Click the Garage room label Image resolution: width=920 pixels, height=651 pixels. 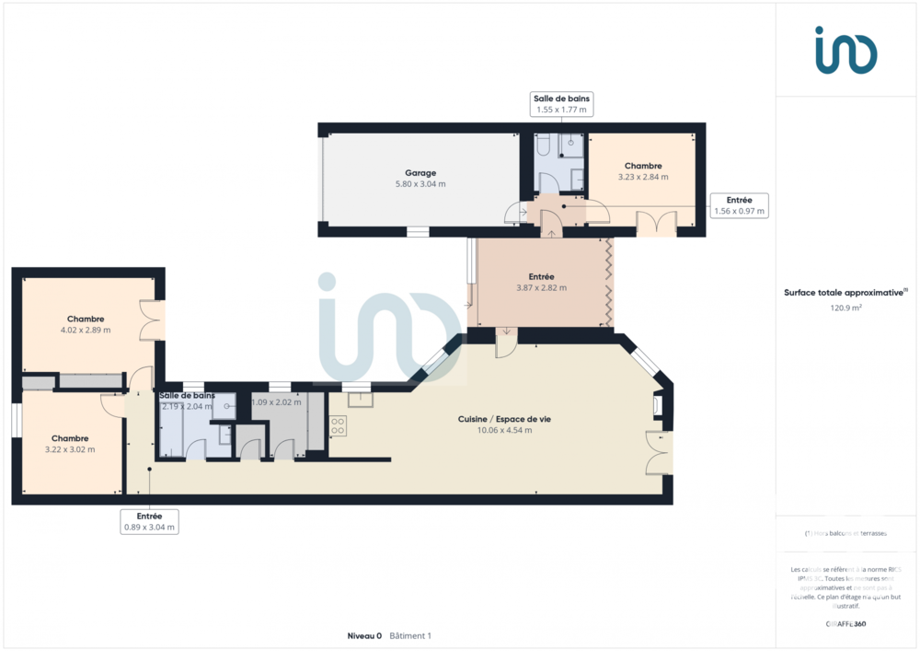click(420, 172)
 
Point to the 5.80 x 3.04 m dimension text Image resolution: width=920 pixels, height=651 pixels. click(420, 184)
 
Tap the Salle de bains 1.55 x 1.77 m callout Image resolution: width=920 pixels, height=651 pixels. click(561, 104)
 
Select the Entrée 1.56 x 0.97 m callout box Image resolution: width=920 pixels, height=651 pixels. click(739, 205)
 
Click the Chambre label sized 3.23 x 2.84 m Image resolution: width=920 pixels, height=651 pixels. click(643, 166)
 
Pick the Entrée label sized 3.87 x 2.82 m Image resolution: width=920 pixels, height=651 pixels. click(541, 276)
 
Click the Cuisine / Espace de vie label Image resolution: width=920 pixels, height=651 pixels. click(504, 419)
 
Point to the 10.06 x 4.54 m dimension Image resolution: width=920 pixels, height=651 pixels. click(504, 430)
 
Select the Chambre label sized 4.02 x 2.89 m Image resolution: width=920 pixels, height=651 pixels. click(86, 319)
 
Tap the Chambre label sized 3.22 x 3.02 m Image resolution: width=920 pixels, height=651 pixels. click(70, 438)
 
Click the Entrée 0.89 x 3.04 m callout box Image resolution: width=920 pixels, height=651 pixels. click(149, 522)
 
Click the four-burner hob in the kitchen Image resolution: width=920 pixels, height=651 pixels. click(338, 425)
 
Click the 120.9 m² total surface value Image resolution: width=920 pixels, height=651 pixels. click(845, 308)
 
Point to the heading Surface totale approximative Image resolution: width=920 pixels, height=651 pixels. click(845, 293)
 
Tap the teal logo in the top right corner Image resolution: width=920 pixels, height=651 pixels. click(845, 50)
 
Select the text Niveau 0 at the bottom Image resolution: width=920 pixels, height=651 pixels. click(364, 635)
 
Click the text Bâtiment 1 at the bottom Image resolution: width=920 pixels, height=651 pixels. click(410, 635)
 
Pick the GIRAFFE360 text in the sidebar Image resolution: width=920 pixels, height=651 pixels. click(845, 623)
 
